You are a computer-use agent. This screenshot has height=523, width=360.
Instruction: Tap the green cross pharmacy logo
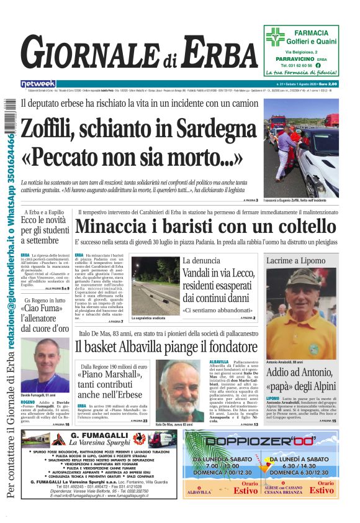click(x=275, y=37)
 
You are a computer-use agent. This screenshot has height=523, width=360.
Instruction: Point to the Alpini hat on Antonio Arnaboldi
click(x=302, y=278)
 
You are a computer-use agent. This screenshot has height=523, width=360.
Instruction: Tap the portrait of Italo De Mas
click(x=178, y=390)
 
